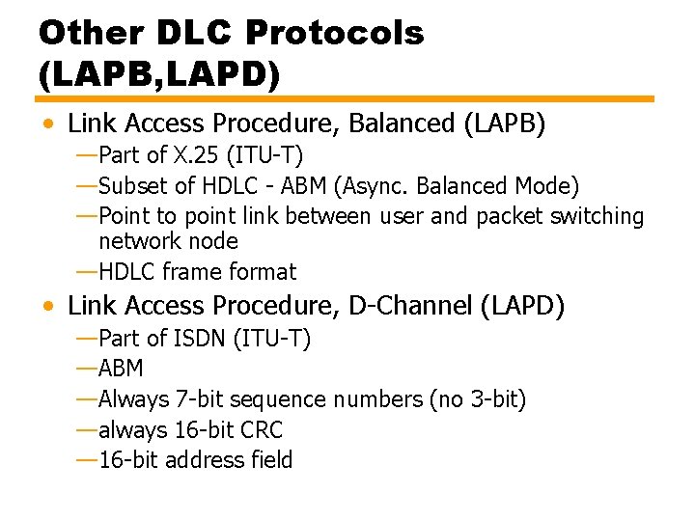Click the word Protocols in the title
pyautogui.click(x=334, y=34)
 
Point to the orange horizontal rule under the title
pyautogui.click(x=345, y=98)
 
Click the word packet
pyautogui.click(x=510, y=216)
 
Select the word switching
pyautogui.click(x=597, y=216)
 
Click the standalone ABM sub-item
pyautogui.click(x=121, y=369)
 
